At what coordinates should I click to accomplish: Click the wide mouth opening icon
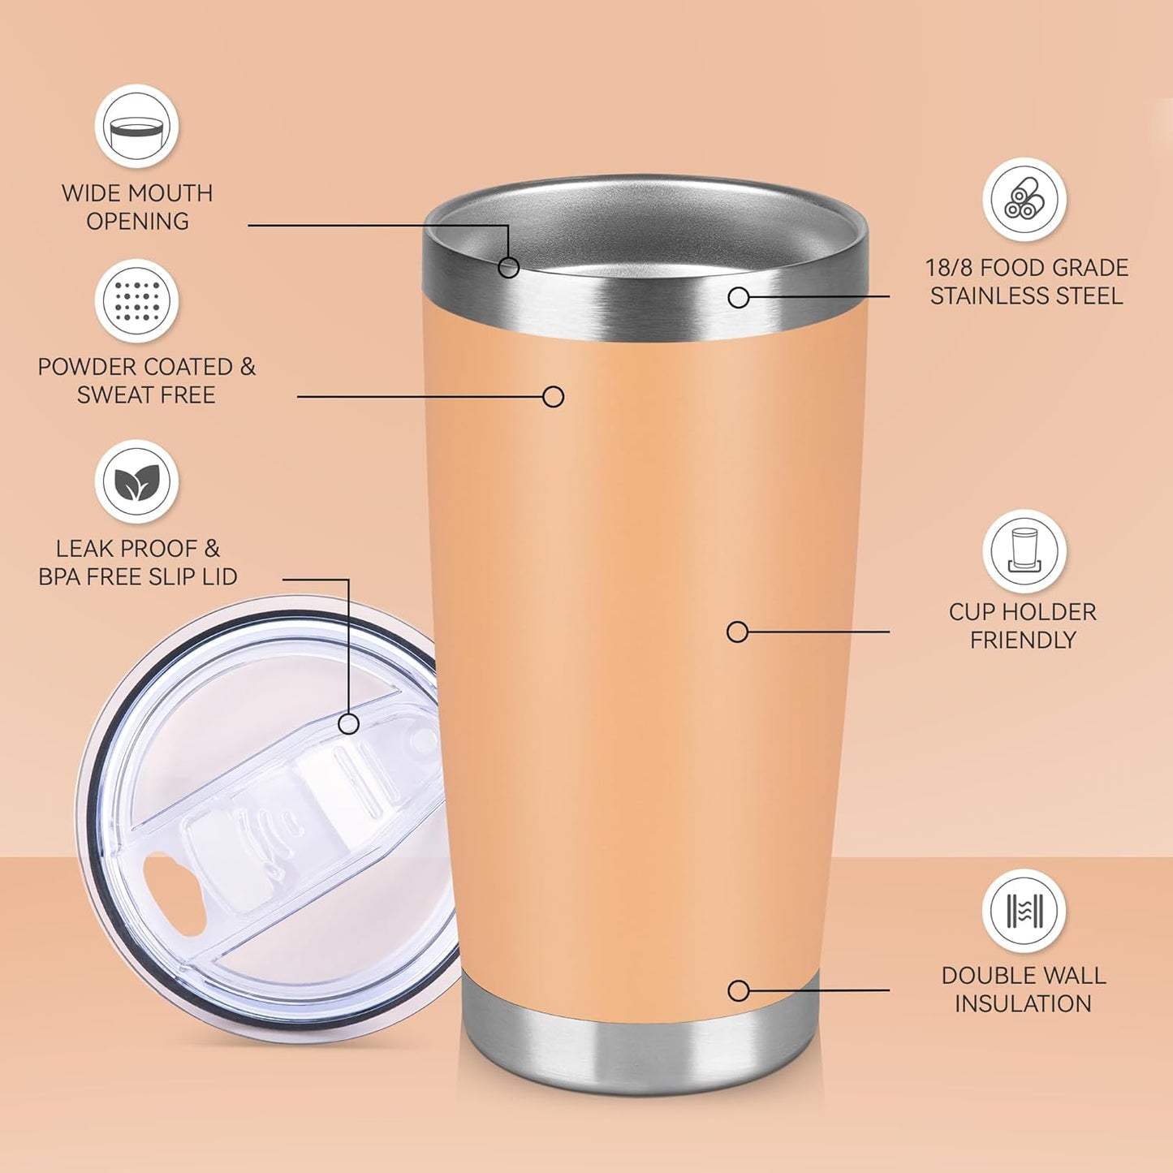coord(136,127)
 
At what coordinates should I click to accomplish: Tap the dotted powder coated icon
coord(136,301)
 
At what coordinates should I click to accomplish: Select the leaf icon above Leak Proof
coord(136,482)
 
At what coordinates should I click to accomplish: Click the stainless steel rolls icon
coord(1024,200)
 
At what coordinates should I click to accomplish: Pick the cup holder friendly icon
coord(1024,551)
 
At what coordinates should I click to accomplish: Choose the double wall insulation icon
coord(1024,911)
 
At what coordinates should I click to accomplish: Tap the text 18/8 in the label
coord(950,268)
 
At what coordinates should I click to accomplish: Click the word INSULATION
coord(1023,1004)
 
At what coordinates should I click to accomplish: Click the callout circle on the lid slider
coord(349,723)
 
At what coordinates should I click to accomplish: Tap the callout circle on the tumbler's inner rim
coord(509,267)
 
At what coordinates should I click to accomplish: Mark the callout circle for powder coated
coord(554,396)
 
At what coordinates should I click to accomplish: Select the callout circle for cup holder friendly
coord(737,632)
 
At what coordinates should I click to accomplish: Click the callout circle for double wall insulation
coord(739,990)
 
